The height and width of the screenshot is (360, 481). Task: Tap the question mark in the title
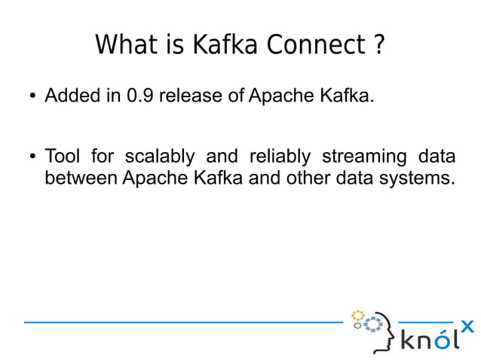click(x=378, y=45)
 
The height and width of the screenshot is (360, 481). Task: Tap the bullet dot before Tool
click(x=32, y=157)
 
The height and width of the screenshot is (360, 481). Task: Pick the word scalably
click(x=159, y=157)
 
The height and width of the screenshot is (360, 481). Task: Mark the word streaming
click(x=363, y=157)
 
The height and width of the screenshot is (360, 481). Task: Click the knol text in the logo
click(x=428, y=340)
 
